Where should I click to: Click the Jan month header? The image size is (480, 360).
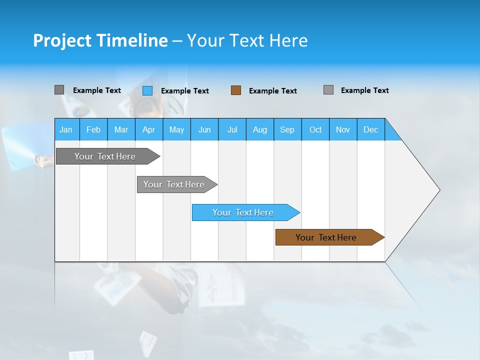(66, 129)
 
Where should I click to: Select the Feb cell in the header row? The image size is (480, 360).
(93, 129)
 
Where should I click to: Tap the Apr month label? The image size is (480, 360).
(148, 129)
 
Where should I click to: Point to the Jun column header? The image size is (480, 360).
(204, 129)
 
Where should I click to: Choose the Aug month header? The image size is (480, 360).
(260, 129)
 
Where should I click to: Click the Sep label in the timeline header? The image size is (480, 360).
(287, 129)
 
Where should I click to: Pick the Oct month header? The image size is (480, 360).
(315, 129)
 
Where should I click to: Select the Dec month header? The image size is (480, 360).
(370, 129)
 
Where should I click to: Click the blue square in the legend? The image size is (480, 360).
(147, 90)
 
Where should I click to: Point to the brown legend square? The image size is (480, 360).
(236, 90)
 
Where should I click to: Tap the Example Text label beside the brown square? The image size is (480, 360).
(272, 91)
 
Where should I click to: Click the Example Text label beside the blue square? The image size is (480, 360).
(184, 91)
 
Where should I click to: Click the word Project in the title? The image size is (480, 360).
(61, 40)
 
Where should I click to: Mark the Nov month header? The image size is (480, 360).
(343, 129)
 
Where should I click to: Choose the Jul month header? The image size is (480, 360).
(232, 129)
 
